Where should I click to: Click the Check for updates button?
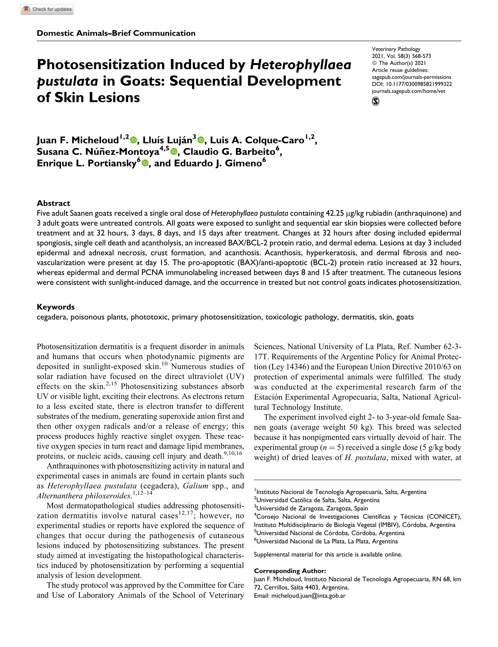47,10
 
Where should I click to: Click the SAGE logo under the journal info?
375,102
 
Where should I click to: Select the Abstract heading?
53,203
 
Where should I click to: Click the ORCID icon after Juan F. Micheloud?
134,140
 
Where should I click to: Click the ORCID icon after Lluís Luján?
201,140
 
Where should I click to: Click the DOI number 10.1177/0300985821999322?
419,84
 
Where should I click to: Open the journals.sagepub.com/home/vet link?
408,91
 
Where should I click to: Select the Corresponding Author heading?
290,571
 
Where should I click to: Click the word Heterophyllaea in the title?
301,65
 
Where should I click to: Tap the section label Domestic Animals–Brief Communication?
116,33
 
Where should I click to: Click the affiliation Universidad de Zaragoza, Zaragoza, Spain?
312,508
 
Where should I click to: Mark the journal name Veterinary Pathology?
396,49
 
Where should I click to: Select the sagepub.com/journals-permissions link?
412,77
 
